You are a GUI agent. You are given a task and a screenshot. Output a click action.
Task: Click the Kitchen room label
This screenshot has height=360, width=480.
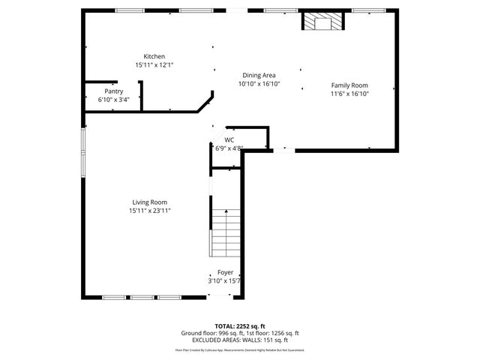point(154,57)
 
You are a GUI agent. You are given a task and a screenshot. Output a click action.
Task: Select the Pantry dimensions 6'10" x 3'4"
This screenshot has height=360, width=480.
point(113,99)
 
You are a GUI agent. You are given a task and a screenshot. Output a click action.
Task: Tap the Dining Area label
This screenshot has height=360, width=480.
point(259,75)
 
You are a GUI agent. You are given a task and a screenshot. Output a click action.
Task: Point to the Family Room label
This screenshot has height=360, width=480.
point(349,85)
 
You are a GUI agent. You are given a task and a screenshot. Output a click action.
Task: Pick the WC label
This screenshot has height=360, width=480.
point(229,139)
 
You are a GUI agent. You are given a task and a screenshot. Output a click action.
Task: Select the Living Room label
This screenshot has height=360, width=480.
point(149,202)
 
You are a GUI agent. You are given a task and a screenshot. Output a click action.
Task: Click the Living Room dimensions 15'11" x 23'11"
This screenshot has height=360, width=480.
point(149,211)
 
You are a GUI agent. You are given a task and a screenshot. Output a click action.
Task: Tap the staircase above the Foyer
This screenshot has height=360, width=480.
point(224,232)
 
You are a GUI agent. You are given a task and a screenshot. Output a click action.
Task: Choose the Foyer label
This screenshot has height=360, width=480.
point(225,272)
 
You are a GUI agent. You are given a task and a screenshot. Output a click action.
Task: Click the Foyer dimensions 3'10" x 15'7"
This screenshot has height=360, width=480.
point(225,280)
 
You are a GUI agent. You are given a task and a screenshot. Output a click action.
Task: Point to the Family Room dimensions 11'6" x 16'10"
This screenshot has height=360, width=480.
point(349,94)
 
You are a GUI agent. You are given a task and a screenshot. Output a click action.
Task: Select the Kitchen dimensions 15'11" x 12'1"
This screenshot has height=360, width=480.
point(154,65)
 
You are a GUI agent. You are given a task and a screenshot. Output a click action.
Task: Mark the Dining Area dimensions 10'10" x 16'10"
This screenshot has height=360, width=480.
point(259,84)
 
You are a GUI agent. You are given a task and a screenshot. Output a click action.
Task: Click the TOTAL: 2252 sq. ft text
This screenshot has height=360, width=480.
point(240,326)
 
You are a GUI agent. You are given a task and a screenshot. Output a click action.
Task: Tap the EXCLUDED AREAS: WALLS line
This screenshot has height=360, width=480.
point(240,340)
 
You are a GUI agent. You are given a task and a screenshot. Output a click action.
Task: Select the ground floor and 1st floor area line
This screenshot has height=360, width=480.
point(240,333)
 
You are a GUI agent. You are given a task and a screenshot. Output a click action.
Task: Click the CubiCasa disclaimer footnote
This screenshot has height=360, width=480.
point(240,349)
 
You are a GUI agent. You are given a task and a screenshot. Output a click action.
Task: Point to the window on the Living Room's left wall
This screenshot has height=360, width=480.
point(82,154)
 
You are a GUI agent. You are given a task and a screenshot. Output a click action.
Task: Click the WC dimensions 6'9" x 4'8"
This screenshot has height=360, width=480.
point(229,148)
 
